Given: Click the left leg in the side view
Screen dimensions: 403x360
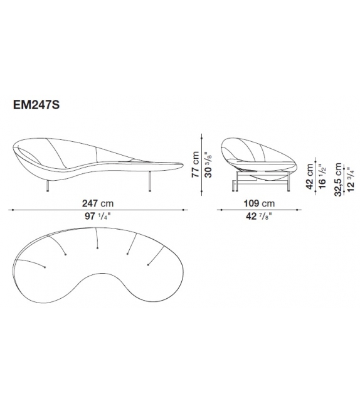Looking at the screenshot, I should click(48, 181).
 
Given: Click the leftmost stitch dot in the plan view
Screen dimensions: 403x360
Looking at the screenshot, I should click(45, 267).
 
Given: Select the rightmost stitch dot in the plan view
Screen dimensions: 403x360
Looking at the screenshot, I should click(148, 264).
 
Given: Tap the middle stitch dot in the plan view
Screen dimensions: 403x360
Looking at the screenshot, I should click(97, 248).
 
